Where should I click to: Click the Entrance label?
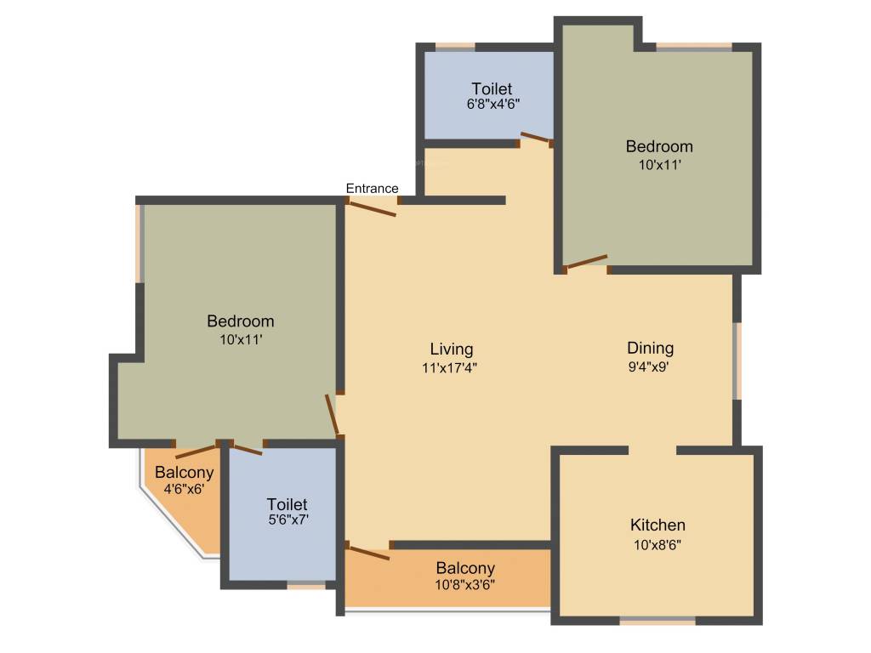pos(372,188)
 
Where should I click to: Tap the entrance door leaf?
pos(373,207)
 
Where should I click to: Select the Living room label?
pos(451,349)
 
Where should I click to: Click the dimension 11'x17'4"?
pos(451,368)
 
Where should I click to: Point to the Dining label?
pos(651,348)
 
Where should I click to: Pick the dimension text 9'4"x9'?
pos(651,367)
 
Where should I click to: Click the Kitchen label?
pos(658,525)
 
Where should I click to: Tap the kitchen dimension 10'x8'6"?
pos(658,545)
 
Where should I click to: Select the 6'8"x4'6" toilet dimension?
pos(492,104)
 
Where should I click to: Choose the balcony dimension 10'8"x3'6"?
pos(465,584)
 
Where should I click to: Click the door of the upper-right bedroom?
pos(587,262)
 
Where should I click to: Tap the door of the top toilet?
pos(536,138)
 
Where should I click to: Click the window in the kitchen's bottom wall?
pos(658,621)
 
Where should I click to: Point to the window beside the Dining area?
pos(737,360)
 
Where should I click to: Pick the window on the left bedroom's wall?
pos(139,243)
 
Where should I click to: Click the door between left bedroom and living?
pos(333,414)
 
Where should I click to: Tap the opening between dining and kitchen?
pos(652,449)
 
